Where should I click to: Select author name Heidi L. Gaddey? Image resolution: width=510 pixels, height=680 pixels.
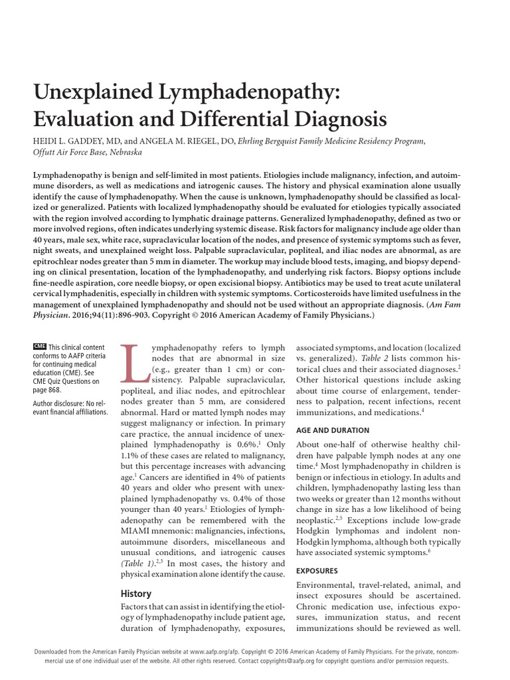point(75,141)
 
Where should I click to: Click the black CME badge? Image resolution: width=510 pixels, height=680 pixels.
point(40,347)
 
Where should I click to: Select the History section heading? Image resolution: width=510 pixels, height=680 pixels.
point(135,594)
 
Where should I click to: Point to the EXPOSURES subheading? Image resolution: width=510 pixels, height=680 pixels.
point(317,570)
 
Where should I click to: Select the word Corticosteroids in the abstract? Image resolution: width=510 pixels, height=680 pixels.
point(317,294)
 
